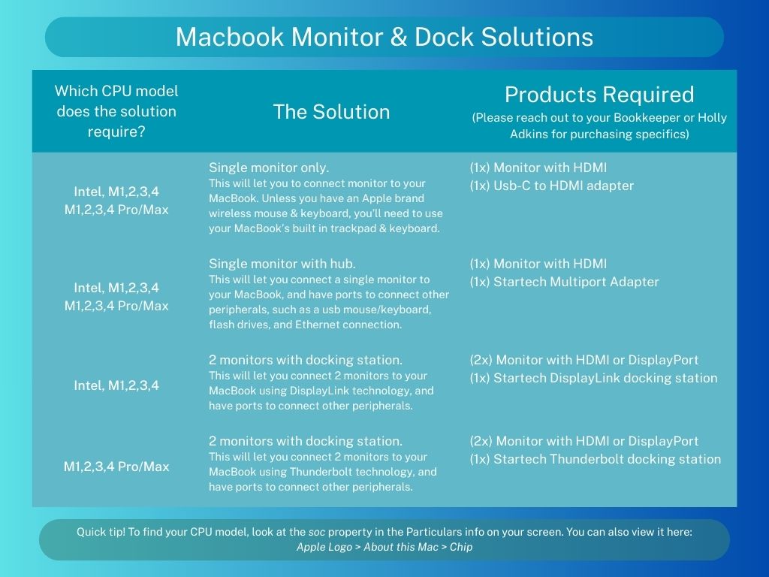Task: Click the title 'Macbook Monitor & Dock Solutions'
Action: click(x=384, y=37)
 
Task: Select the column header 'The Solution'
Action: click(x=331, y=112)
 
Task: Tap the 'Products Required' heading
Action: click(x=599, y=95)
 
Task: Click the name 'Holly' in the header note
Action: click(x=712, y=118)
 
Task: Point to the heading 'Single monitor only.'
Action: click(x=269, y=168)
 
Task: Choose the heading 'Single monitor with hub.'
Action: click(x=282, y=264)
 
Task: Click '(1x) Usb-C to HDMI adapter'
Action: click(x=552, y=186)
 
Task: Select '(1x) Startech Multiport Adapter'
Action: click(x=564, y=282)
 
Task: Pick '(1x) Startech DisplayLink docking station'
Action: click(x=593, y=378)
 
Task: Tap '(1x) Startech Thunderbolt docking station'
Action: click(x=596, y=459)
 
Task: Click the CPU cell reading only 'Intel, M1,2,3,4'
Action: click(x=116, y=385)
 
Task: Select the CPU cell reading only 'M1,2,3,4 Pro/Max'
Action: click(x=116, y=466)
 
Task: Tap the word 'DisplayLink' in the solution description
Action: click(x=320, y=391)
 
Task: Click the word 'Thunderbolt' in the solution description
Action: click(x=320, y=472)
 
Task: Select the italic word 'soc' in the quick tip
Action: click(x=316, y=532)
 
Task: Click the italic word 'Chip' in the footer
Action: click(x=461, y=547)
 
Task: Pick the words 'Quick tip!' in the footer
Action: click(x=101, y=532)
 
